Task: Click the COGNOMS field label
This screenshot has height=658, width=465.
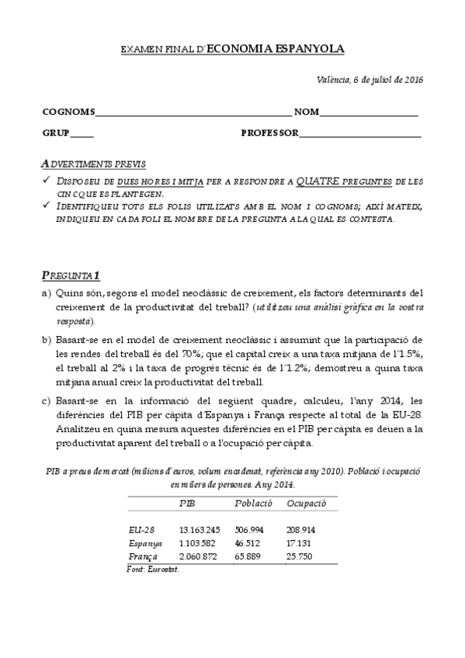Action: (68, 112)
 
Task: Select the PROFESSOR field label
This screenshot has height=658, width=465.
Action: (269, 133)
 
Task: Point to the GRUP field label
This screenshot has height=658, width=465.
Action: (55, 133)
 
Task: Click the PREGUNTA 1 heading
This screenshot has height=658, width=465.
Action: (71, 275)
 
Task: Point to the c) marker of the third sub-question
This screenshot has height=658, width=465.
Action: (47, 400)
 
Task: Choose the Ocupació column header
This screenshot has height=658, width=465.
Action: (307, 503)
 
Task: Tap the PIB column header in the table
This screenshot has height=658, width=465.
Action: (187, 503)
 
